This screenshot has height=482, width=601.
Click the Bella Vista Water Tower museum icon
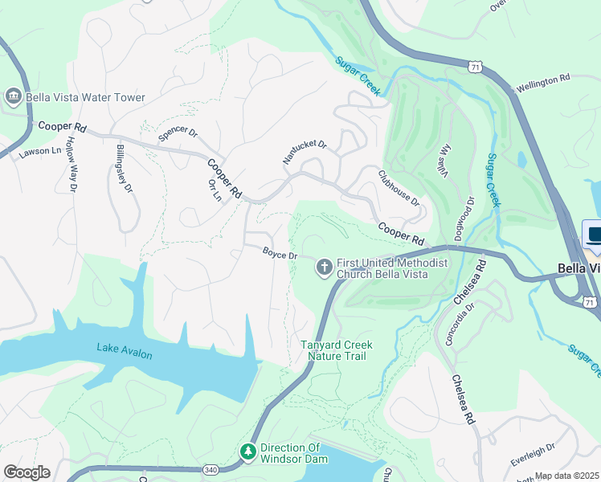[x=14, y=97]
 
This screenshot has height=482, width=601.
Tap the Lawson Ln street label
[x=40, y=151]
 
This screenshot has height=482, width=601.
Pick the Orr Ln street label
[x=215, y=190]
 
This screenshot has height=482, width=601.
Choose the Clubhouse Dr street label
[x=399, y=187]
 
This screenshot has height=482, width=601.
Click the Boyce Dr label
[x=280, y=253]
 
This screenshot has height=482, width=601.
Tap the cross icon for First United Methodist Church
[x=325, y=268]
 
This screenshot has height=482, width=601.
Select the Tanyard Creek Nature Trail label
[x=337, y=351]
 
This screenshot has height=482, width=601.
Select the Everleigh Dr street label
[x=533, y=455]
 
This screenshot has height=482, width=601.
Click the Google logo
[x=27, y=472]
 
